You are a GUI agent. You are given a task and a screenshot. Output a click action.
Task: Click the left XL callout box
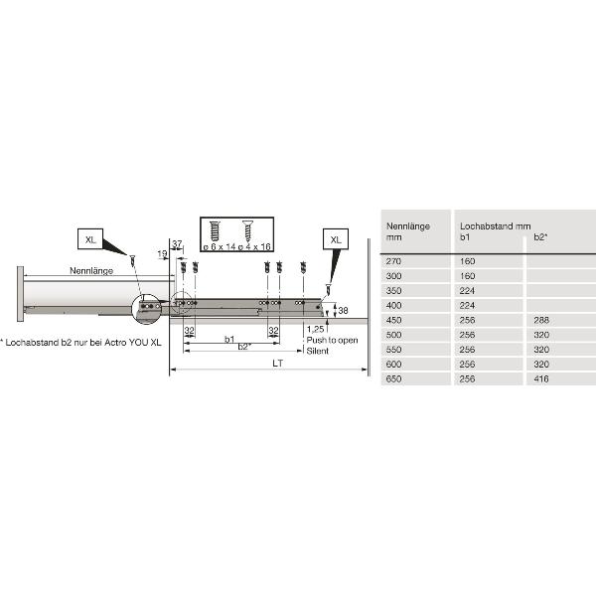click(91, 239)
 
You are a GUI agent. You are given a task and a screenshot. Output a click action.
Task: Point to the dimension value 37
click(177, 244)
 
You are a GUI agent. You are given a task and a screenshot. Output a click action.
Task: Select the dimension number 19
click(162, 254)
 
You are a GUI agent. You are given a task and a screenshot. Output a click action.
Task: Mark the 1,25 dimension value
click(316, 329)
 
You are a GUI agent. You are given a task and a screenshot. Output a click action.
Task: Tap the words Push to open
click(332, 340)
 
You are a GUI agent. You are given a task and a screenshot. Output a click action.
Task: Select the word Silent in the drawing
click(317, 351)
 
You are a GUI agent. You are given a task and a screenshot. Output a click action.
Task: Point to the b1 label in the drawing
click(229, 339)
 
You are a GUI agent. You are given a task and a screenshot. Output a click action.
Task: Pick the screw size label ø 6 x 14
click(219, 244)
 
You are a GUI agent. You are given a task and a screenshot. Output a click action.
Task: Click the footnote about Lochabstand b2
click(79, 342)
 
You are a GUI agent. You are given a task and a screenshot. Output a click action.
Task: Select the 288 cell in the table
click(542, 321)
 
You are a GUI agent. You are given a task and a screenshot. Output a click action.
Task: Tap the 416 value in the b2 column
click(542, 378)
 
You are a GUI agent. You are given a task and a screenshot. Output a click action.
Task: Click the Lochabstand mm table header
click(494, 226)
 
